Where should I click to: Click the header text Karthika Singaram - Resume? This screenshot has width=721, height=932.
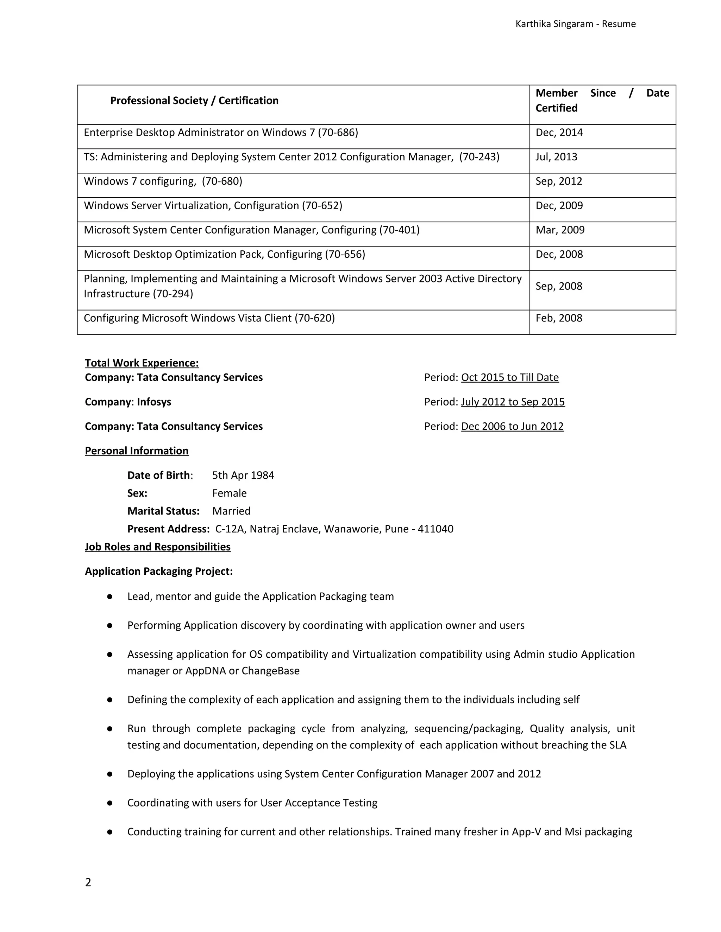pyautogui.click(x=575, y=24)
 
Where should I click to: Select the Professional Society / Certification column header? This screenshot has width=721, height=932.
pyautogui.click(x=194, y=101)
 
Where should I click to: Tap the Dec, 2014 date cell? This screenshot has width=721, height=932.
pyautogui.click(x=559, y=133)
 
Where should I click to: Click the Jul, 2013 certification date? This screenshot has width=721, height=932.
pyautogui.click(x=556, y=157)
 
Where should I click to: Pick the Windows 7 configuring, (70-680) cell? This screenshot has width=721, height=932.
pyautogui.click(x=163, y=181)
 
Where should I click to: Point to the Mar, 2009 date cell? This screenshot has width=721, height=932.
pyautogui.click(x=560, y=230)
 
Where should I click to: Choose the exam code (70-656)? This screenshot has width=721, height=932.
pyautogui.click(x=345, y=254)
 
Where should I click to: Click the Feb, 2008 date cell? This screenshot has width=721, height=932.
pyautogui.click(x=559, y=318)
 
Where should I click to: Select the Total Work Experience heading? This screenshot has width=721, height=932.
pyautogui.click(x=142, y=363)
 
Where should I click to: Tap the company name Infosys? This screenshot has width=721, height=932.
pyautogui.click(x=154, y=402)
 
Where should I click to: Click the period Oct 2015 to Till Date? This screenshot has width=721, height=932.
pyautogui.click(x=509, y=378)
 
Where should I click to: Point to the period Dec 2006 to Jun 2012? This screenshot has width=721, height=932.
pyautogui.click(x=512, y=426)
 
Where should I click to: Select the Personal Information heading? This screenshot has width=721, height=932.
pyautogui.click(x=136, y=451)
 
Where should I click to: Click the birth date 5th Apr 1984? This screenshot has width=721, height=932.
pyautogui.click(x=243, y=475)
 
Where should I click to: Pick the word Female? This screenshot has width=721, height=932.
pyautogui.click(x=230, y=493)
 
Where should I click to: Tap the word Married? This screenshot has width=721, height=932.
pyautogui.click(x=231, y=511)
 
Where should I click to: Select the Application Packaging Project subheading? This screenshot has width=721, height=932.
pyautogui.click(x=158, y=572)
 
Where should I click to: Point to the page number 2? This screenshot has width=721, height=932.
pyautogui.click(x=88, y=882)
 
